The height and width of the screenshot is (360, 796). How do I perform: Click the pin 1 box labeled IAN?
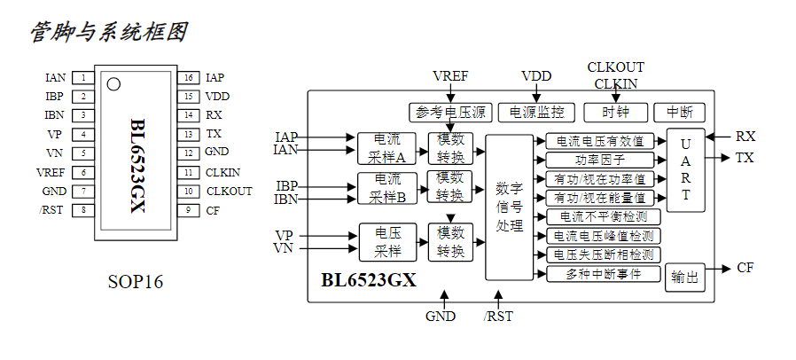click(83, 78)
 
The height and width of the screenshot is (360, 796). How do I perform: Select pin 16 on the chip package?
click(188, 78)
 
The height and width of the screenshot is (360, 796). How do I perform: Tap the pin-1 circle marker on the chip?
click(113, 84)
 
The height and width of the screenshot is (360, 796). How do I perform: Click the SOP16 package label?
click(136, 282)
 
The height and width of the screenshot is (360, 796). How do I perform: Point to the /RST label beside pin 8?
click(54, 210)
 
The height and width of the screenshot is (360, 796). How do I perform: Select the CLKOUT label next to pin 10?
click(229, 191)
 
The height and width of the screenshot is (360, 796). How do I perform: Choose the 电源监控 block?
click(536, 113)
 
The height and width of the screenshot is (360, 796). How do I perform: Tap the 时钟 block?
click(615, 113)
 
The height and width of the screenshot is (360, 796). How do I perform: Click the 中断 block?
click(679, 113)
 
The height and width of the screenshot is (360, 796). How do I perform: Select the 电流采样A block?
click(387, 148)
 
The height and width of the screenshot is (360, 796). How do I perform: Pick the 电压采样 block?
click(387, 241)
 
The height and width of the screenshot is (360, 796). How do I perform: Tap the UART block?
click(685, 169)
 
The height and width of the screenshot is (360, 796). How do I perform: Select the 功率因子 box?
click(603, 160)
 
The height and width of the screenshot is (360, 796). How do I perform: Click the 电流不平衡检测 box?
click(603, 216)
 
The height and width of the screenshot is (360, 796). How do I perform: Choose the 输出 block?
click(685, 277)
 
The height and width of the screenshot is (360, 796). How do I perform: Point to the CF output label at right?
click(745, 268)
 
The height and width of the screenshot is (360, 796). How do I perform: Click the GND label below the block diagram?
click(440, 316)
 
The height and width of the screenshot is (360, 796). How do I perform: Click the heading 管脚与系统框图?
click(108, 33)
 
